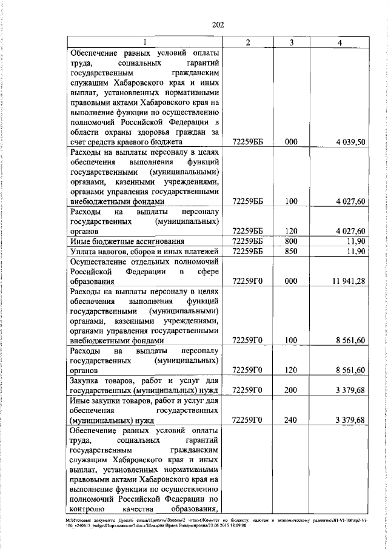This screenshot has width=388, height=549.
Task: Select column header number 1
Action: pyautogui.click(x=145, y=42)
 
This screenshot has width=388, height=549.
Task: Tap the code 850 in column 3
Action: pyautogui.click(x=292, y=252)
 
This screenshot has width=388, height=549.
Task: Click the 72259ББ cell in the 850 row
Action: pyautogui.click(x=247, y=252)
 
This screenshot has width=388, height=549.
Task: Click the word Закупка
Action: pyautogui.click(x=87, y=380)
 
